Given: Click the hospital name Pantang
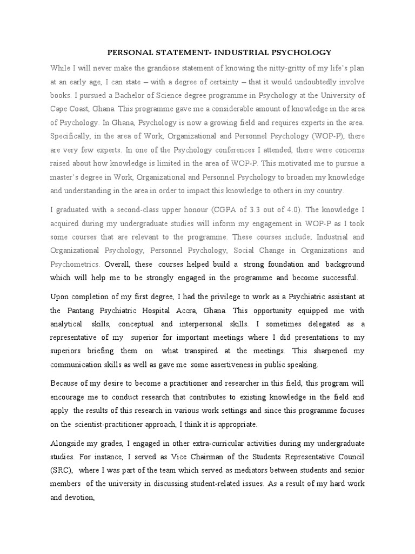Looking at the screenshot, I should [x=83, y=311].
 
